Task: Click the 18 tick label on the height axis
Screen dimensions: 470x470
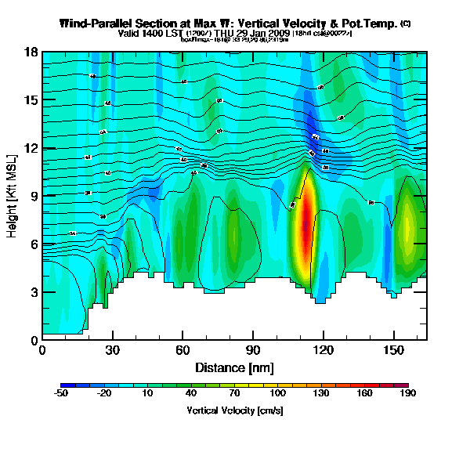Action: point(32,52)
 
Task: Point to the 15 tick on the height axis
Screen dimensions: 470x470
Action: point(32,100)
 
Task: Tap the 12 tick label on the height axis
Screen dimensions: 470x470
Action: point(32,148)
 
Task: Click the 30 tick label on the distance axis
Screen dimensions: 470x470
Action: point(113,349)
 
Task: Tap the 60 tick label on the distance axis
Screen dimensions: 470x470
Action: point(183,349)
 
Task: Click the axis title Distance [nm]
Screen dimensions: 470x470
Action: point(233,367)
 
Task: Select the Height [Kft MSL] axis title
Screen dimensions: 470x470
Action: point(13,196)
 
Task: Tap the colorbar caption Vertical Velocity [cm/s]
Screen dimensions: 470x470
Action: point(234,410)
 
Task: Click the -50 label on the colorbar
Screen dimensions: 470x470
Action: point(60,395)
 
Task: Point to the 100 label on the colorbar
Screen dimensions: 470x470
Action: point(278,395)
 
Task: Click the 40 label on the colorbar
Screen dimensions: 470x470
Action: point(190,395)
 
